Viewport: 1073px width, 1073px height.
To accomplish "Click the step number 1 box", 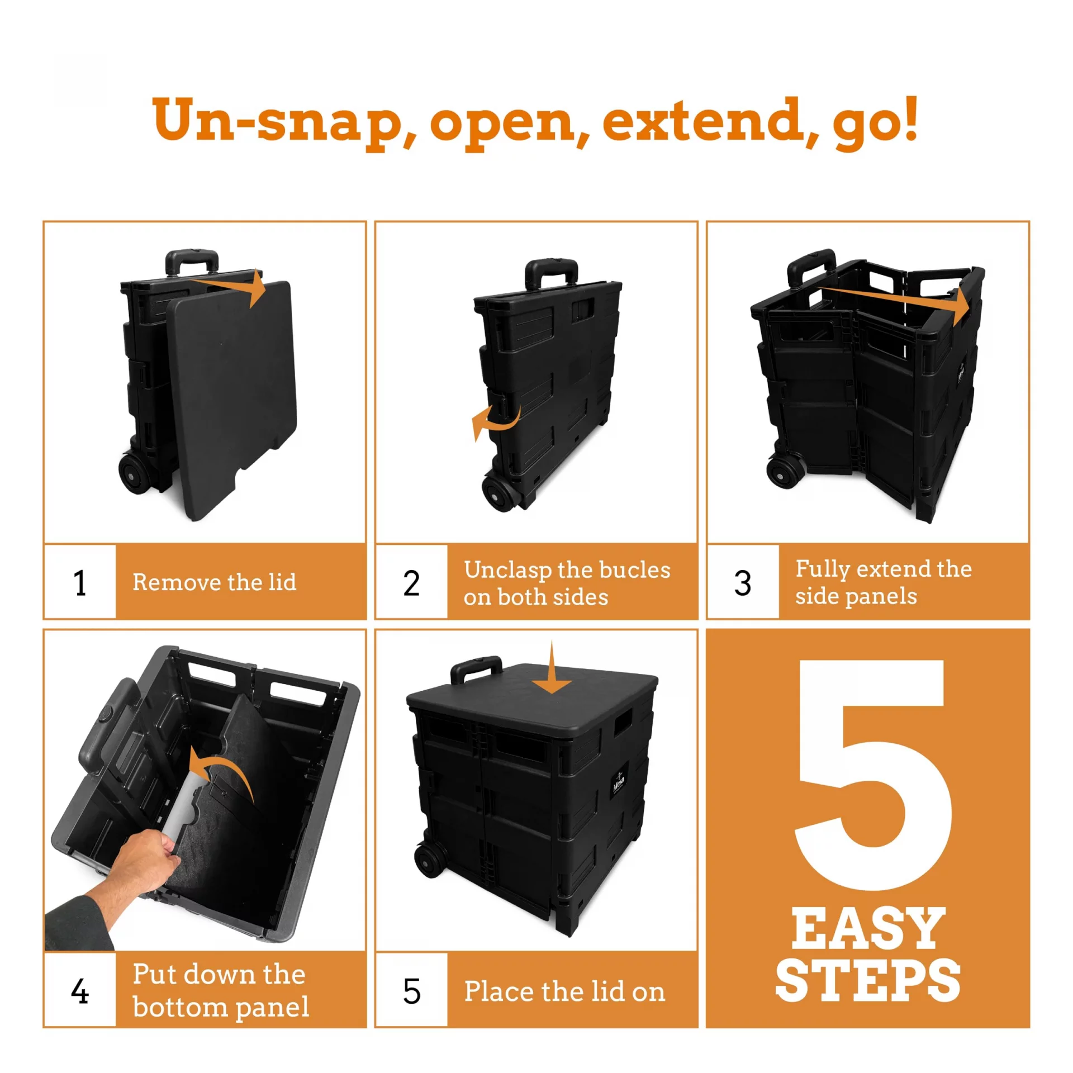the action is tap(80, 581).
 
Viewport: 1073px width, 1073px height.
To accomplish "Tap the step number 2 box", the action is tap(411, 581).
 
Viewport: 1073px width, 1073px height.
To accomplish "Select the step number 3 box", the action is tap(743, 581).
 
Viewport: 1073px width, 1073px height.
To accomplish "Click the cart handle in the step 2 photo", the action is tap(551, 273).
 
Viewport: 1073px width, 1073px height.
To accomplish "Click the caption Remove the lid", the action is tap(215, 582).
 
